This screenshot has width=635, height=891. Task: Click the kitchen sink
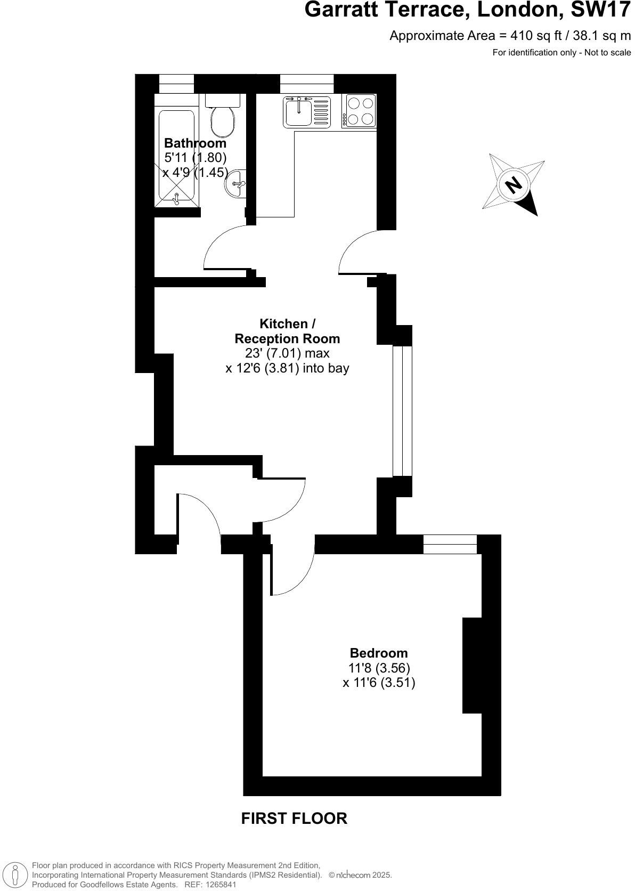point(298,112)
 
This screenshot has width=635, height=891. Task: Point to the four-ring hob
point(360,111)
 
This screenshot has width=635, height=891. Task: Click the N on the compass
point(514,185)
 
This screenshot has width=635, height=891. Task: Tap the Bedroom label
point(378,653)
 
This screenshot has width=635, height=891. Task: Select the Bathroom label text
point(195,143)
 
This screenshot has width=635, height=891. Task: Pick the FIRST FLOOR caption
point(294,819)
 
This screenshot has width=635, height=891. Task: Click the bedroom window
point(450,544)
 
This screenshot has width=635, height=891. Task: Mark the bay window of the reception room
point(402,411)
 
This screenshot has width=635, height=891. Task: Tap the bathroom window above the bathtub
point(176,83)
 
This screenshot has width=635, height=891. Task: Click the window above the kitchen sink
point(306,83)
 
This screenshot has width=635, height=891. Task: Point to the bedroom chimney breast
point(472,665)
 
